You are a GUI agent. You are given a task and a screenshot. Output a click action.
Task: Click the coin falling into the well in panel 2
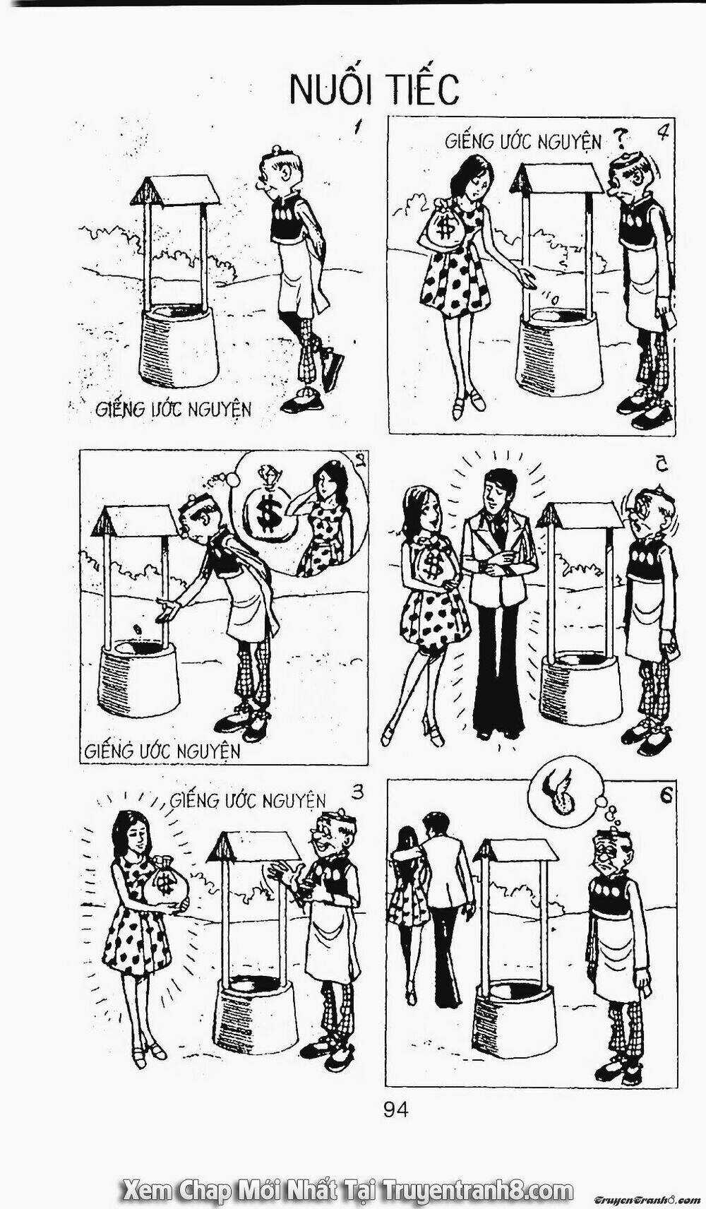tap(137, 629)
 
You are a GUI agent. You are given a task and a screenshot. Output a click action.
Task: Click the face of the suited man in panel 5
tap(494, 493)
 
